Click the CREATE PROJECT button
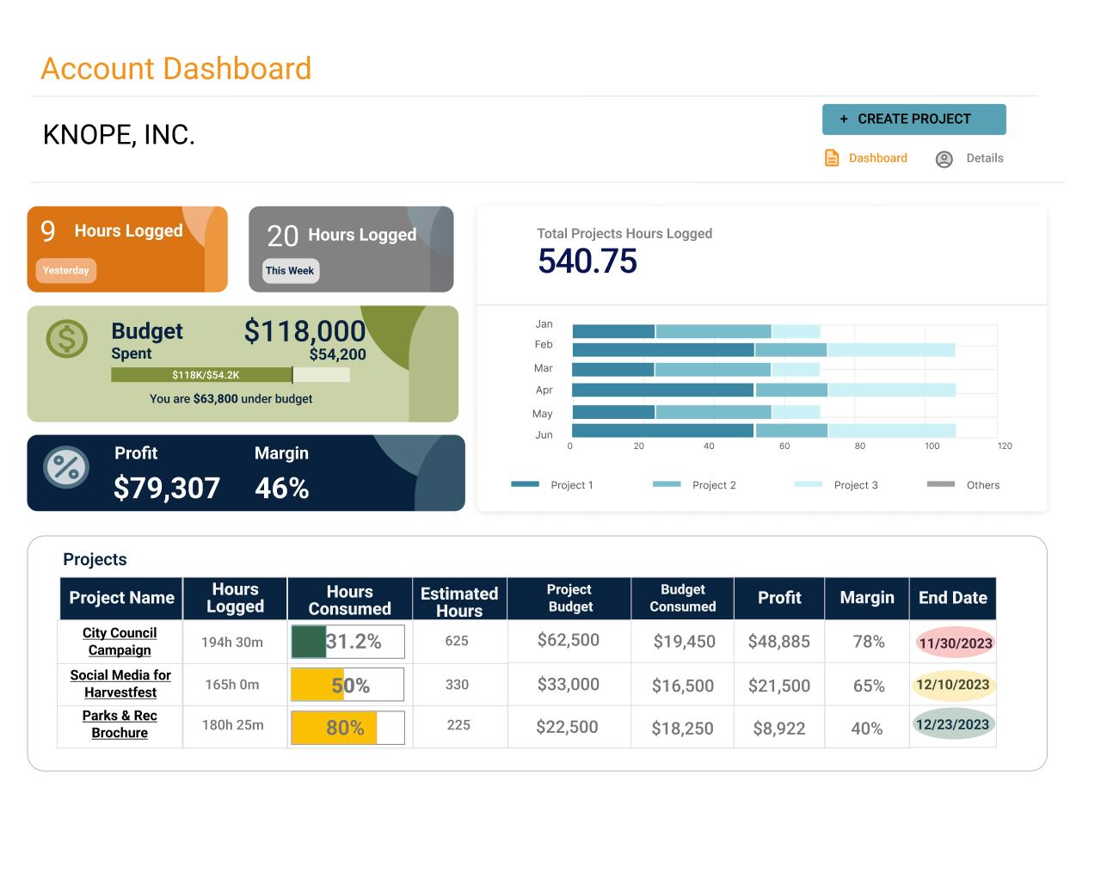pyautogui.click(x=913, y=120)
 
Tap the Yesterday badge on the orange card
pyautogui.click(x=66, y=270)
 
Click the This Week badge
pyautogui.click(x=290, y=270)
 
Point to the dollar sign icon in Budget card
pyautogui.click(x=67, y=339)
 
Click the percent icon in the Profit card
pyautogui.click(x=66, y=467)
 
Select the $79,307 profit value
pyautogui.click(x=167, y=488)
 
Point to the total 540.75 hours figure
pyautogui.click(x=587, y=261)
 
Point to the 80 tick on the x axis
pyautogui.click(x=859, y=446)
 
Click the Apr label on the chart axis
pyautogui.click(x=544, y=390)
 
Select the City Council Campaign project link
pyautogui.click(x=120, y=642)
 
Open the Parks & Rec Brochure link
pyautogui.click(x=120, y=724)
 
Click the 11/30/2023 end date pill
pyautogui.click(x=955, y=643)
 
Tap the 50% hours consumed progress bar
pyautogui.click(x=348, y=685)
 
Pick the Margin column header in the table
pyautogui.click(x=866, y=598)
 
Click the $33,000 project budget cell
pyautogui.click(x=568, y=684)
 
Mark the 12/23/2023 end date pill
pyautogui.click(x=952, y=724)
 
